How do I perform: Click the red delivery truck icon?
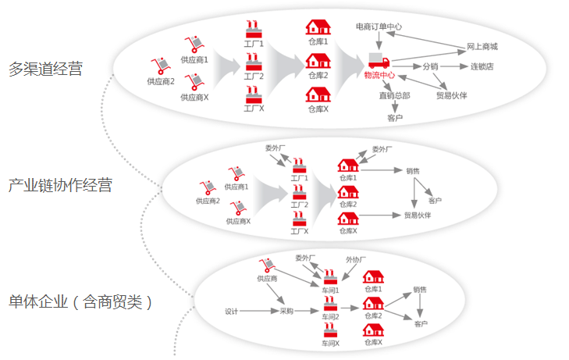tap(379, 60)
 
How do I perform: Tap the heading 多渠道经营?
tap(46, 69)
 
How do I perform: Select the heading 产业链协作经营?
tap(60, 185)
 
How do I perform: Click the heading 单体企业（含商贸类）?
tap(80, 302)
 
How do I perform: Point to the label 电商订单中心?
tap(379, 27)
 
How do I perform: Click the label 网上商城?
tap(482, 46)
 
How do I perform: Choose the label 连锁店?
tap(482, 66)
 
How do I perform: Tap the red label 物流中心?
tap(379, 75)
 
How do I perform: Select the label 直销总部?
tap(394, 95)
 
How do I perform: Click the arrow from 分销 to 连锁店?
tap(454, 66)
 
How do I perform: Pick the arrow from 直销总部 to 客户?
tap(395, 107)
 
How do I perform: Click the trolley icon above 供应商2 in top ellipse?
tap(160, 66)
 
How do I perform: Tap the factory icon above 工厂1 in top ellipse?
tap(254, 30)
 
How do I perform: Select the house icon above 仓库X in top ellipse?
tap(318, 94)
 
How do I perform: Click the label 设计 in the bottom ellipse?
tap(232, 312)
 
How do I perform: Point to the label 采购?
tap(286, 311)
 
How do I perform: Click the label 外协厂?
tap(356, 260)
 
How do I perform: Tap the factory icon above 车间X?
tap(330, 330)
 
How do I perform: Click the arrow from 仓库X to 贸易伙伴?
tap(380, 216)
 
